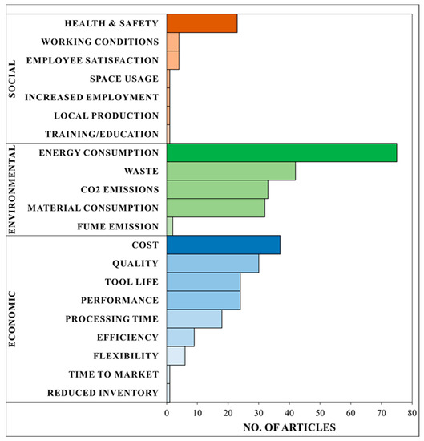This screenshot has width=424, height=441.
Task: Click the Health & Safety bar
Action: pyautogui.click(x=202, y=23)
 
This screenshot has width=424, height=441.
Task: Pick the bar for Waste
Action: pyautogui.click(x=231, y=171)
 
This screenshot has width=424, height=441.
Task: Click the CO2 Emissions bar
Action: pyautogui.click(x=217, y=189)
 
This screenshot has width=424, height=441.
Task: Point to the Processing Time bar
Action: pyautogui.click(x=194, y=318)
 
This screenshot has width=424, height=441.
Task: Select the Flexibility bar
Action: pyautogui.click(x=176, y=355)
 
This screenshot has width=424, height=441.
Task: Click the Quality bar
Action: pyautogui.click(x=212, y=263)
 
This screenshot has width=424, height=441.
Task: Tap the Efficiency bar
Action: pyautogui.click(x=180, y=337)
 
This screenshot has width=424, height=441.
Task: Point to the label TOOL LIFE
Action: pyautogui.click(x=131, y=281)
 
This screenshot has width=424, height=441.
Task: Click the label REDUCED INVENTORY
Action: pyautogui.click(x=103, y=392)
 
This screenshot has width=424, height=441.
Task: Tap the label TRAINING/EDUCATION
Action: pyautogui.click(x=102, y=134)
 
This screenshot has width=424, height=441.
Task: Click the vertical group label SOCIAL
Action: pyautogui.click(x=12, y=78)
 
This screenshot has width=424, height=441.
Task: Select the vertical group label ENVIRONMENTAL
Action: pyautogui.click(x=12, y=188)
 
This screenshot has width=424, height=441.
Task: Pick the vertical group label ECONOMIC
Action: pyautogui.click(x=12, y=319)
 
